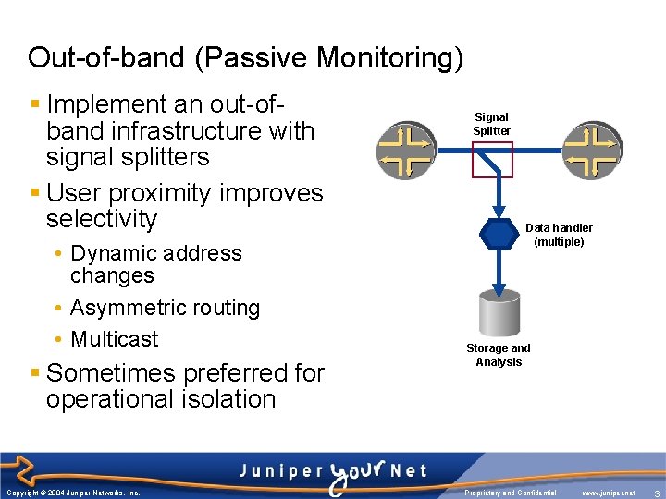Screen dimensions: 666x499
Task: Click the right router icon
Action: [592, 150]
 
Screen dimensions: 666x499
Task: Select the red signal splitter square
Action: [491, 159]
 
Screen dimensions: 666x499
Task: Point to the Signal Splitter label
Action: [491, 124]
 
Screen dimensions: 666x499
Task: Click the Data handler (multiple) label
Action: [559, 235]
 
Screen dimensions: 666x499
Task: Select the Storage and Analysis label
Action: [499, 355]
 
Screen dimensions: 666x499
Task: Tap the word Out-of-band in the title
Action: [104, 58]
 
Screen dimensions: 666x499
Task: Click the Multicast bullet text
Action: [115, 339]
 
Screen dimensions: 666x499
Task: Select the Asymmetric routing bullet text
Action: [165, 308]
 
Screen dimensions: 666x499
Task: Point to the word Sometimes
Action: [115, 373]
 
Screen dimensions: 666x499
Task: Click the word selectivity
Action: [102, 219]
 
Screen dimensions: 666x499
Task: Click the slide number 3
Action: [655, 493]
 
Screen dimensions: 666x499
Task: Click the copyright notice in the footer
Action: [72, 493]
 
